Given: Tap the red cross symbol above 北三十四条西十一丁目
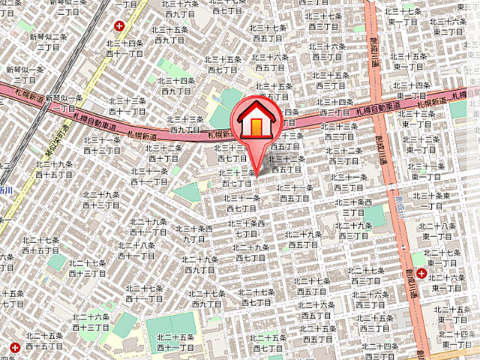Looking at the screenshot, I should (x=119, y=25).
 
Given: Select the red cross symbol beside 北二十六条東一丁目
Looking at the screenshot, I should (x=421, y=274).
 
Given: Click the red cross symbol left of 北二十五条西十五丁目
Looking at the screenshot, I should (x=15, y=346).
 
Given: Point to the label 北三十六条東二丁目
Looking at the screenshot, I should (x=448, y=26).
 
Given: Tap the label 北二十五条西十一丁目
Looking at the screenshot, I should (x=177, y=343).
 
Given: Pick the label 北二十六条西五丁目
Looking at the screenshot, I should (x=316, y=311).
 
